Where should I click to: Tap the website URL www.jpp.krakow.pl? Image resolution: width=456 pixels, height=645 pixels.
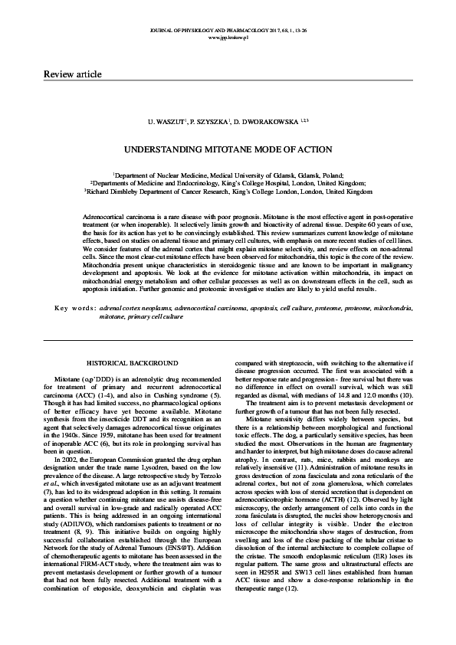(228, 37)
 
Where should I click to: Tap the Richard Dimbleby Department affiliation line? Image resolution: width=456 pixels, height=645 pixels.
(228, 192)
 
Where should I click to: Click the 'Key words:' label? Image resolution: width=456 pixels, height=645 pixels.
(74, 286)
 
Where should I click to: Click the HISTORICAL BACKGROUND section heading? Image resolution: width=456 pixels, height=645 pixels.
(133, 362)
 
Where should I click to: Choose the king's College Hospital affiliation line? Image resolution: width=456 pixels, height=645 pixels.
(228, 184)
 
